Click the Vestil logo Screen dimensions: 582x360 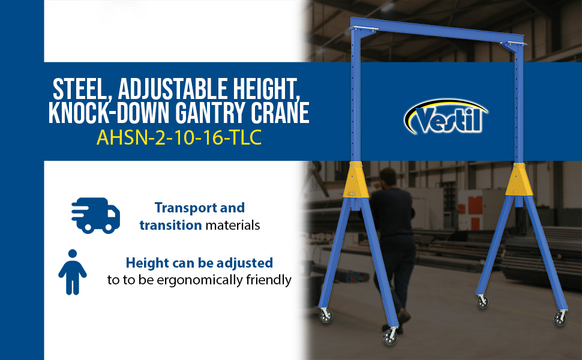[x=446, y=117]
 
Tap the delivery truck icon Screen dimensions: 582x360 [x=96, y=215]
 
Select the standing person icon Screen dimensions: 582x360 [x=73, y=272]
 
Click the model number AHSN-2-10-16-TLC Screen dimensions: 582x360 [x=179, y=137]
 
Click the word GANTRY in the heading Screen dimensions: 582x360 [x=211, y=112]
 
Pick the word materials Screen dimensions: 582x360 [x=233, y=225]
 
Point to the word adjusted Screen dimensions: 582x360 [x=245, y=263]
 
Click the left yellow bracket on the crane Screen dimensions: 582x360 [x=356, y=179]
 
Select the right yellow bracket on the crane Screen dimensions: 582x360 [x=519, y=179]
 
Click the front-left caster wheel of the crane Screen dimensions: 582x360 [x=389, y=336]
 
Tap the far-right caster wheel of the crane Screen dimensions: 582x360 [x=560, y=318]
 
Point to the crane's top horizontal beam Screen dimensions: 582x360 [x=437, y=29]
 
